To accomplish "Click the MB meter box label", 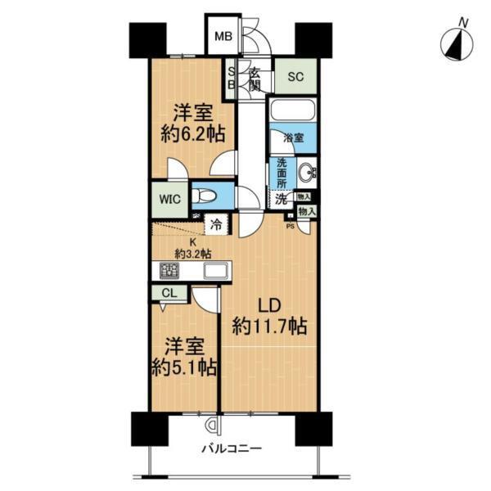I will coord(222,36).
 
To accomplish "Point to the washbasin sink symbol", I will coord(309,173).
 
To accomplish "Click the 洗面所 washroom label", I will coord(281,173).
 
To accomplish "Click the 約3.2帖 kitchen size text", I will coord(193,253).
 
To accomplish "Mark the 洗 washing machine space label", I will coord(281,198).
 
